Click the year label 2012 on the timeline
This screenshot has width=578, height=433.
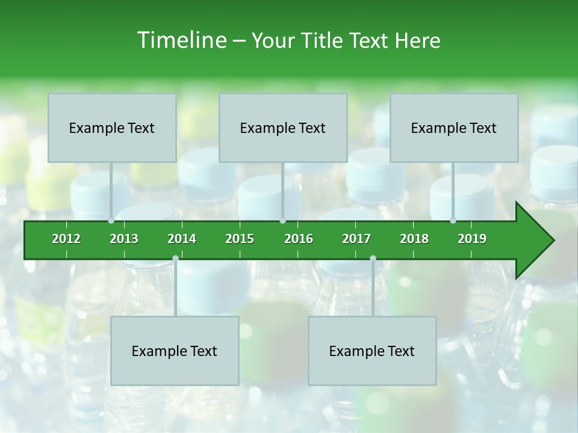[66, 239]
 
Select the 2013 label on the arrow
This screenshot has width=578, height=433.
[124, 239]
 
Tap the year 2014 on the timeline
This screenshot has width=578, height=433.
[182, 239]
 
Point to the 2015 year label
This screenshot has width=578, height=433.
[240, 239]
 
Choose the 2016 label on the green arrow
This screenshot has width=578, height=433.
[299, 239]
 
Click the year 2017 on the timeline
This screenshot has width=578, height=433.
[356, 239]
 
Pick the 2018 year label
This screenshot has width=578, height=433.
[414, 239]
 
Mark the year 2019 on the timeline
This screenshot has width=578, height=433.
[472, 239]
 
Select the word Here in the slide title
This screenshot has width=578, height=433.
[417, 40]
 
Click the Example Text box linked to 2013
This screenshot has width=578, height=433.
[112, 128]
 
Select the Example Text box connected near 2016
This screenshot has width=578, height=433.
[283, 128]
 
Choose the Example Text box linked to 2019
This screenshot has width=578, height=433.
[454, 128]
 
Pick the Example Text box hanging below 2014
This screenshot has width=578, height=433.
[175, 351]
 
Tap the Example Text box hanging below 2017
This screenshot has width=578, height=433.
[372, 351]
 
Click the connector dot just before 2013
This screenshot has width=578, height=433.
[111, 221]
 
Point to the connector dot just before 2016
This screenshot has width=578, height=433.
[282, 221]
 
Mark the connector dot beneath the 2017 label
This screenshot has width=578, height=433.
[373, 259]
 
